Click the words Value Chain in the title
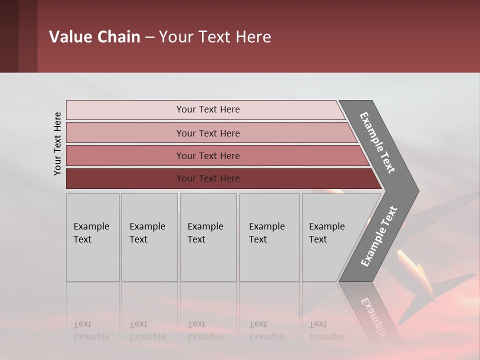(94, 37)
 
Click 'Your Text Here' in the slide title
(215, 37)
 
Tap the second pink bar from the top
(207, 133)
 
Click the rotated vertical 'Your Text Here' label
(57, 143)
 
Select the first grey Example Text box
(92, 237)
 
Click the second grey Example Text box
(149, 237)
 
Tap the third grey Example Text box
(208, 237)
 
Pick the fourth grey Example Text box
(269, 237)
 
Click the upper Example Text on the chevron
(377, 142)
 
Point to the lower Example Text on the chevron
(379, 236)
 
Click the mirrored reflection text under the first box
(91, 330)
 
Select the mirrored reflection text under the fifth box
(326, 330)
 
